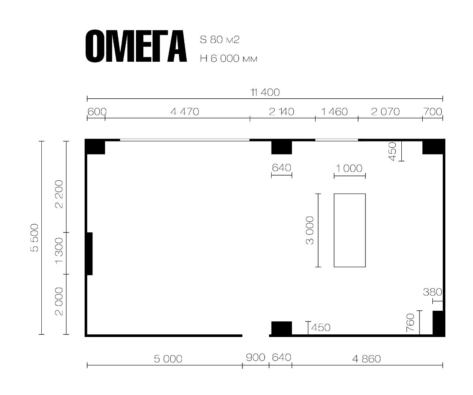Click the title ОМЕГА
136,46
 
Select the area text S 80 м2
220,40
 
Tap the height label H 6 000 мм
229,59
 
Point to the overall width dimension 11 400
265,92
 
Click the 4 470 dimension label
185,112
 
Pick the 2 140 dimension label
281,112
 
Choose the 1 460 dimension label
334,112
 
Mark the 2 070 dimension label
385,112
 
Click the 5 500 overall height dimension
34,238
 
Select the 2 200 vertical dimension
59,194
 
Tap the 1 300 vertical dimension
59,251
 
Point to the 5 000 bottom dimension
168,359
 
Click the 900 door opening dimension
255,357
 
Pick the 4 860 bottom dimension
367,359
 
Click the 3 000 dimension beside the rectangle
310,230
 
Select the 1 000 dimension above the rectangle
349,168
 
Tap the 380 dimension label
432,292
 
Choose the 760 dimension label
410,323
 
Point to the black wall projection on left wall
90,254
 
